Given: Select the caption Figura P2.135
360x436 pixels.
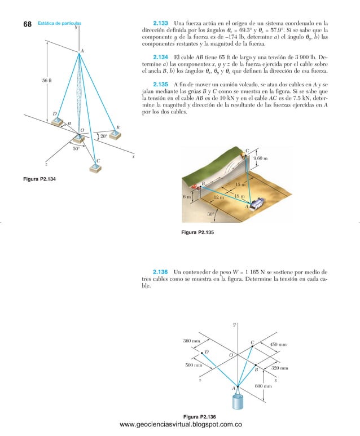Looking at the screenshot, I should point(196,232).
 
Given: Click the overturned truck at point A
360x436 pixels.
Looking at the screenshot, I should point(257,203).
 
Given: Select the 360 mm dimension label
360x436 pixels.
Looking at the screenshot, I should point(192,341).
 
